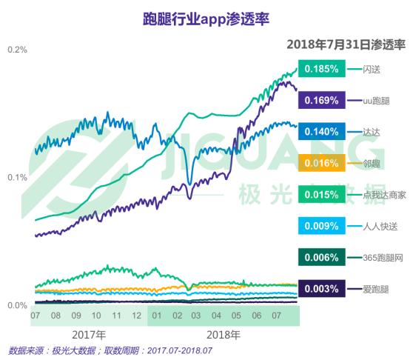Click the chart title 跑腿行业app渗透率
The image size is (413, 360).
[x=206, y=19]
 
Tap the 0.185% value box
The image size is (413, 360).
[x=322, y=69]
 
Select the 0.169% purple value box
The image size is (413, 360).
[x=322, y=100]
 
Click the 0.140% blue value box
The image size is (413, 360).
[x=322, y=131]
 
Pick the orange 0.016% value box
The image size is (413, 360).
[x=322, y=163]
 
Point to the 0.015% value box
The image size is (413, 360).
[x=322, y=195]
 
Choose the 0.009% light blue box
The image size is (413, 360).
[x=322, y=226]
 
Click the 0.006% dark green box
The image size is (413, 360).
[x=322, y=257]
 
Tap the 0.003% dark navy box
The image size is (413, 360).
[x=322, y=289]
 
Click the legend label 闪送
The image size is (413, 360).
[x=372, y=70]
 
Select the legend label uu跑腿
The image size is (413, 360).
[x=376, y=101]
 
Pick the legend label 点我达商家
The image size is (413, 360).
[x=384, y=195]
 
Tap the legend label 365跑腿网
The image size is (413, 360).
[x=383, y=258]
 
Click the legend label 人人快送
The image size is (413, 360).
[x=380, y=227]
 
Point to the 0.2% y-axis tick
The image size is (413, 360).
[x=17, y=50]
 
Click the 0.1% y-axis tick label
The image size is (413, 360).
[x=17, y=178]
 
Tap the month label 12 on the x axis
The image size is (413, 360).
[x=136, y=316]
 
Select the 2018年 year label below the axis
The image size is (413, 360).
[x=224, y=335]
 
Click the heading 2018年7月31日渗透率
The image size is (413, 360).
[x=346, y=44]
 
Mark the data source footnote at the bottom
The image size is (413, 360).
[x=110, y=351]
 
